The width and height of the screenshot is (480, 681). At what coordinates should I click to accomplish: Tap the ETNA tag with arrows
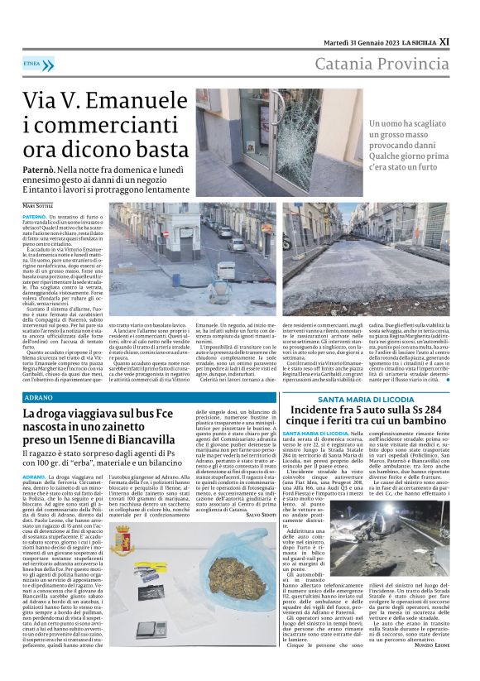(38, 63)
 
